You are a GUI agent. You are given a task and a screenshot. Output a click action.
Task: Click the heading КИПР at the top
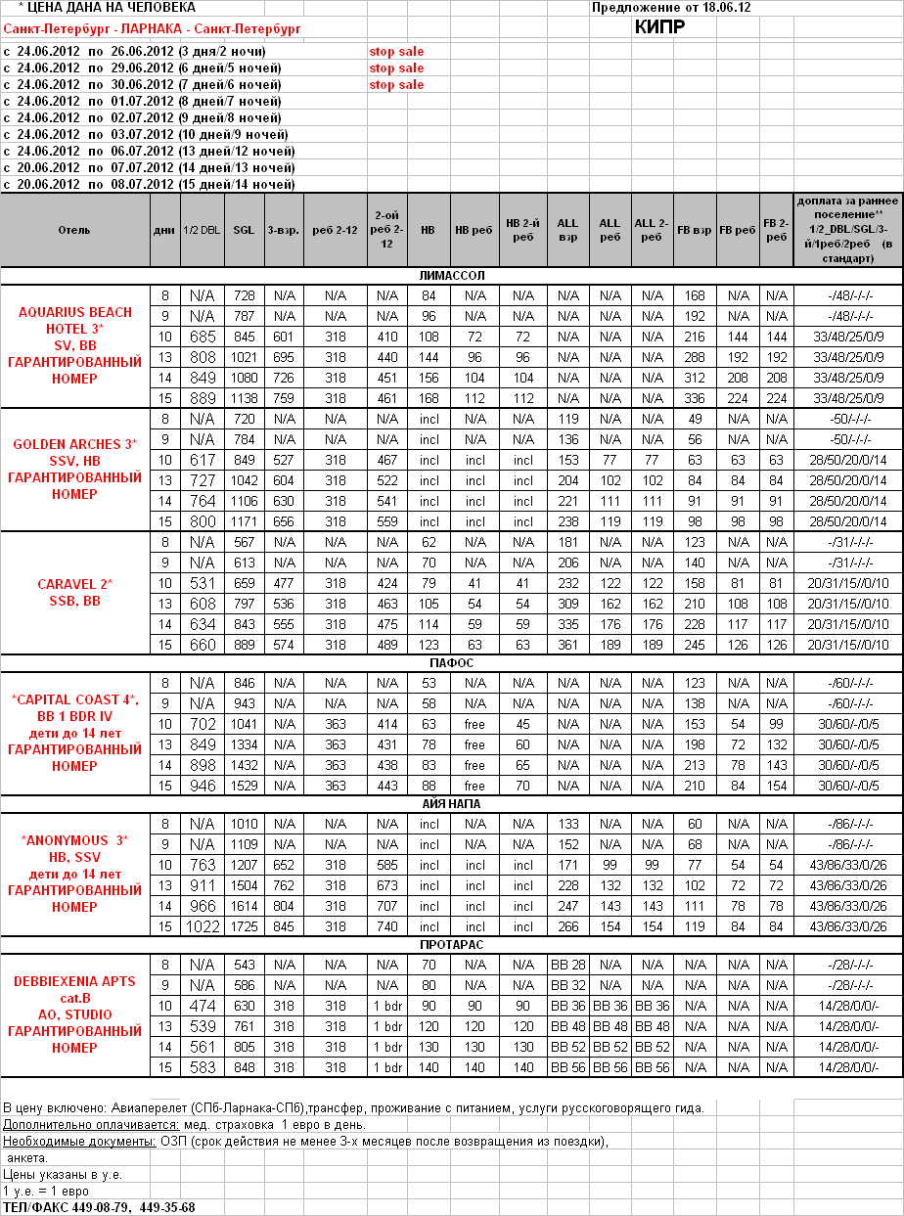click(659, 26)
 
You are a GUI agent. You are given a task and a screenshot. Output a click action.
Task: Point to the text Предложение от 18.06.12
click(678, 8)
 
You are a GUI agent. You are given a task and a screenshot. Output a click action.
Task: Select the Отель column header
click(74, 230)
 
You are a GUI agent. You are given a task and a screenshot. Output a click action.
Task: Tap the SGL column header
click(244, 230)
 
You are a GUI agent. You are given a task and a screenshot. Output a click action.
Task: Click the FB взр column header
click(695, 230)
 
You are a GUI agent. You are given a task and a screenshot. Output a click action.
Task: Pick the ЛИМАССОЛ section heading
click(451, 276)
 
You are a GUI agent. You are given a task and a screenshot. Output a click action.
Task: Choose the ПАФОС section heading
click(451, 663)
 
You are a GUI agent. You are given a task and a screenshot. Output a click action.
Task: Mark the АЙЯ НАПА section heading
click(451, 804)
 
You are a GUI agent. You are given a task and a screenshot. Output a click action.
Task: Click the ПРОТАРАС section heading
click(451, 945)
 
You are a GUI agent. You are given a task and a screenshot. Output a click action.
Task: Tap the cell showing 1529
click(244, 786)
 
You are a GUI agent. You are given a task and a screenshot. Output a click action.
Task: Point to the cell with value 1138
click(244, 398)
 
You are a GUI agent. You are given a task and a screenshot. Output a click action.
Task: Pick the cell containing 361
click(567, 645)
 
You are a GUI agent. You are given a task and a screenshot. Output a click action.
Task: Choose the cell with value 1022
click(203, 926)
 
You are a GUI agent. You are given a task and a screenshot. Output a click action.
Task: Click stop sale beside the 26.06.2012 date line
click(396, 51)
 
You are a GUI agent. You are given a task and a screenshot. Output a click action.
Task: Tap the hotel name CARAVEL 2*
click(74, 584)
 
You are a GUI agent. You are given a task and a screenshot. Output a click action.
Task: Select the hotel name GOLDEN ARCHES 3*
click(74, 444)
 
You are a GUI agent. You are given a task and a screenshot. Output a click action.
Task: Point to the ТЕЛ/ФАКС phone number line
click(99, 1207)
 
